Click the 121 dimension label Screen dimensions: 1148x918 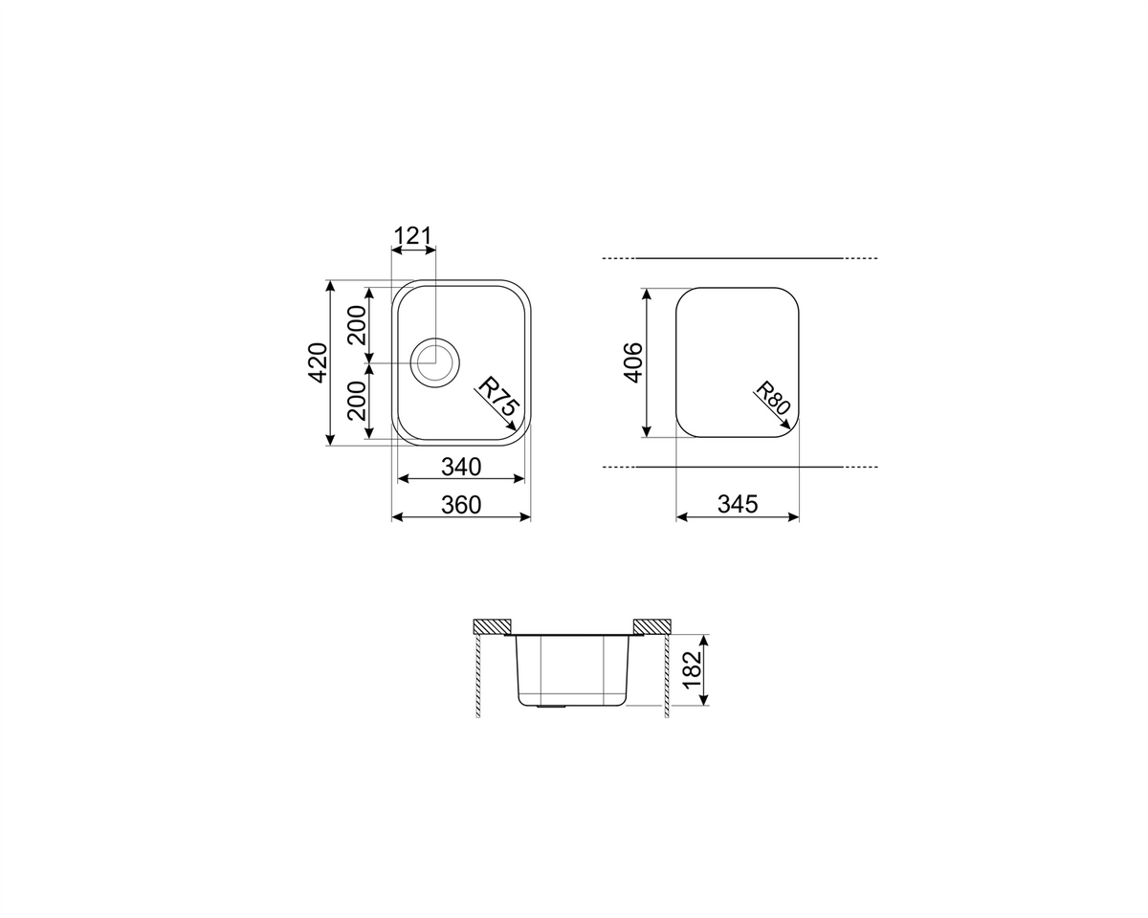click(412, 236)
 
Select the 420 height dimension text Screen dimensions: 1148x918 click(318, 362)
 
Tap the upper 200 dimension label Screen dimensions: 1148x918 click(358, 325)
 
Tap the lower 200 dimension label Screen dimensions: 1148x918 click(358, 401)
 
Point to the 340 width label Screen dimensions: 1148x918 click(461, 468)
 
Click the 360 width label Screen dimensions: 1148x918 click(461, 505)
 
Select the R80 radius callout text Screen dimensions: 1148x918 click(773, 398)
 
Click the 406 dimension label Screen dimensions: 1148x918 click(633, 362)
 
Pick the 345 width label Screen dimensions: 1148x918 click(738, 504)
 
